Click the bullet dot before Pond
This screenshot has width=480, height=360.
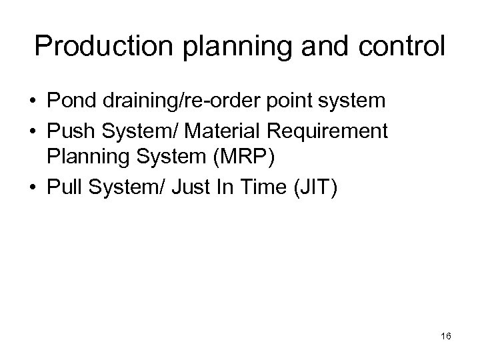32,101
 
